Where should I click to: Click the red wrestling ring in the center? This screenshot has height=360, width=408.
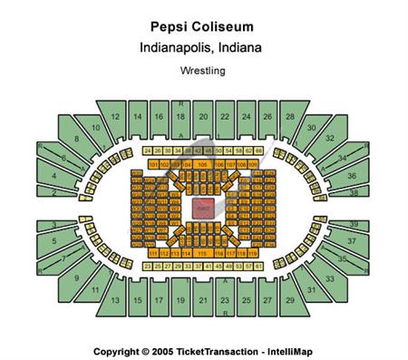203,208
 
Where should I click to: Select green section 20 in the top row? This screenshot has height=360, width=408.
180,117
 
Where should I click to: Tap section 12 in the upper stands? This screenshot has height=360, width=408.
116,118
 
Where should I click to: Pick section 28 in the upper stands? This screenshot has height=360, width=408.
290,118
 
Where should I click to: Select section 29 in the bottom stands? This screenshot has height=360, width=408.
290,299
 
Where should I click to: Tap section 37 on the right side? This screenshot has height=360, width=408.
352,242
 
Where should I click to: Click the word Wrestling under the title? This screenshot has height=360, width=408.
203,69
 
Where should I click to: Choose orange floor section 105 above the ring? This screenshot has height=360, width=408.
202,165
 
